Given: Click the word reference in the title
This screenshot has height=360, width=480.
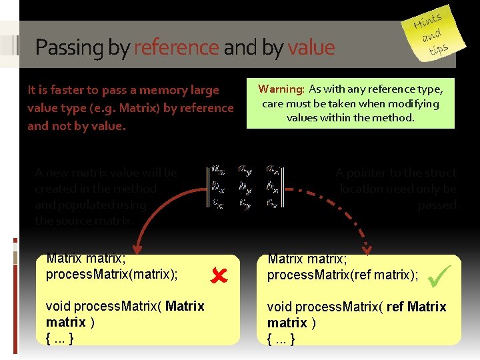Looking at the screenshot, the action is coord(176,47).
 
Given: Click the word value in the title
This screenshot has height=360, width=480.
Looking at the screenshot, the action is coord(311,47).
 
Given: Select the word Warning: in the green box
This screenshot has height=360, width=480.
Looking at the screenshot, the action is coord(281,89).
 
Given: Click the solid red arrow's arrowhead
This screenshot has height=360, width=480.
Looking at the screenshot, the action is coord(139,247).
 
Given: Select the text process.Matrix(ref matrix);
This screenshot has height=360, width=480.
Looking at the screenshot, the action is coord(343,274).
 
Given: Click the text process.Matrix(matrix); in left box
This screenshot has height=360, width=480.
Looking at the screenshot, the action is coord(112,274).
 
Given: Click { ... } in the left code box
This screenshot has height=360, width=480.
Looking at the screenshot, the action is coord(59,338).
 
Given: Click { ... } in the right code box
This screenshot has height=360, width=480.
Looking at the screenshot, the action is coord(281,338).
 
